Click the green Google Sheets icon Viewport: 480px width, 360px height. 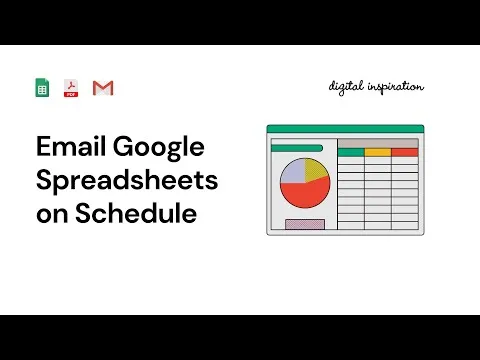(43, 88)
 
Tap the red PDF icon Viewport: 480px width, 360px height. (72, 88)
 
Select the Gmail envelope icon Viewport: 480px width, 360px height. (102, 88)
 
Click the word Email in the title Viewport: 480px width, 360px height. (70, 149)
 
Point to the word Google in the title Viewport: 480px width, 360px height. (159, 149)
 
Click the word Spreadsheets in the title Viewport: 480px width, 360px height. (126, 181)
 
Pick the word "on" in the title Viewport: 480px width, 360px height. (51, 214)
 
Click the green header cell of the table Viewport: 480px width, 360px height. (350, 152)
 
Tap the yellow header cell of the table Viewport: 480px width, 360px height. (377, 152)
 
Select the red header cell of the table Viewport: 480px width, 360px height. (404, 152)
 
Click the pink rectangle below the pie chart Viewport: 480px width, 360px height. (305, 223)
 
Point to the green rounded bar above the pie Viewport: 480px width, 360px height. (297, 148)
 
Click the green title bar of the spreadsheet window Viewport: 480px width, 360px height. (345, 128)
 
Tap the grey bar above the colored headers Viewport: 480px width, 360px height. (377, 143)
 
